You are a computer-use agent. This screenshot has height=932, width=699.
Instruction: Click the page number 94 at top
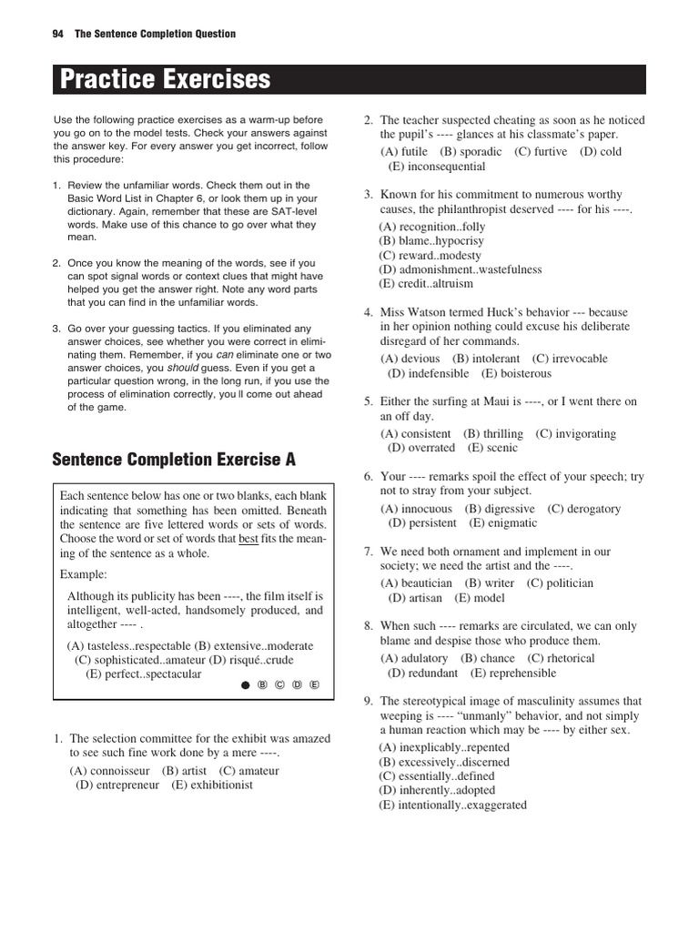pos(58,34)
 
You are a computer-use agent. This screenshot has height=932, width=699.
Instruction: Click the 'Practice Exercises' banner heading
pos(166,79)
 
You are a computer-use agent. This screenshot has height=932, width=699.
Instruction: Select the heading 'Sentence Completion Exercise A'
pos(174,460)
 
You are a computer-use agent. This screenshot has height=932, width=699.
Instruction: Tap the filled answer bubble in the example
pos(245,684)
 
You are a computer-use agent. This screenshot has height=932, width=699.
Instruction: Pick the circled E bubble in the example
pos(314,684)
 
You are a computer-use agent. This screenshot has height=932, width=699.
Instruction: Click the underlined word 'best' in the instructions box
pos(248,539)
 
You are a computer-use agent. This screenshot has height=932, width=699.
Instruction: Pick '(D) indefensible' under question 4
pos(429,373)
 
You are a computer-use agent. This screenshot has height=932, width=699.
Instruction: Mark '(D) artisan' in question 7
pos(415,598)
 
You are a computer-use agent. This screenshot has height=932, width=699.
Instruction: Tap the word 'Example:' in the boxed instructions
pos(84,574)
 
